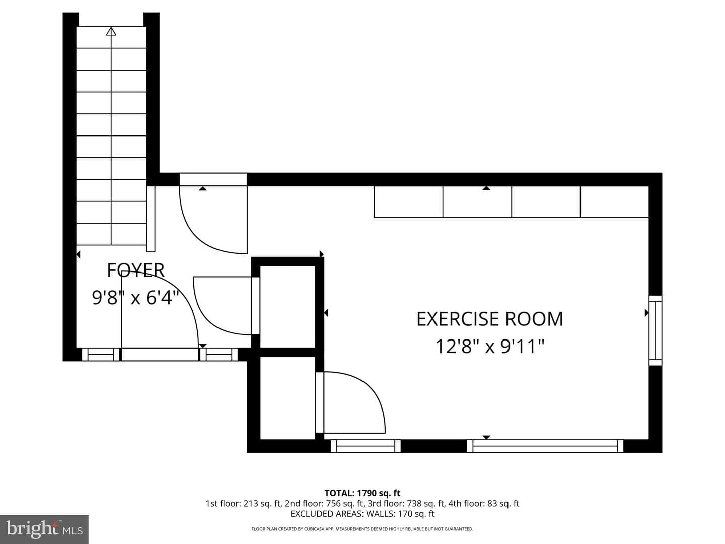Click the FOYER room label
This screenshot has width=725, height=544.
(x=136, y=270)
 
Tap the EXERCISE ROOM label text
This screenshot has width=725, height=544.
(x=489, y=319)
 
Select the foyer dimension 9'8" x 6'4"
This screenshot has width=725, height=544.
(x=135, y=297)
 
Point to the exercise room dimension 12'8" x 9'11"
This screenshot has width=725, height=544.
(x=489, y=347)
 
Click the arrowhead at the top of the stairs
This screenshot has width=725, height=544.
(x=111, y=31)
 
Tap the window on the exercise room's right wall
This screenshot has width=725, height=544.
(x=656, y=330)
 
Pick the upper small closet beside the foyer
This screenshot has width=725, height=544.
(x=287, y=307)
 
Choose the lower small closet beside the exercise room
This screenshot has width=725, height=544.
(x=287, y=398)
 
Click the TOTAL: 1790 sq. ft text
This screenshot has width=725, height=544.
(x=362, y=493)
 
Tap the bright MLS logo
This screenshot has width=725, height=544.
(x=44, y=529)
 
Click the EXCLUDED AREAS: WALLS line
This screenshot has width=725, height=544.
(x=362, y=514)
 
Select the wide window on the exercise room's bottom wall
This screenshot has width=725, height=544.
(x=545, y=446)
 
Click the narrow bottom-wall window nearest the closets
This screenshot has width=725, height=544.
(x=366, y=446)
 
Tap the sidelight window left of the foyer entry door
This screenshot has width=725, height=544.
(x=100, y=355)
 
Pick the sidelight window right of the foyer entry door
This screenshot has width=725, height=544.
(x=219, y=355)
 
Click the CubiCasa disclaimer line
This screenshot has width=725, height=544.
(x=362, y=529)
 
